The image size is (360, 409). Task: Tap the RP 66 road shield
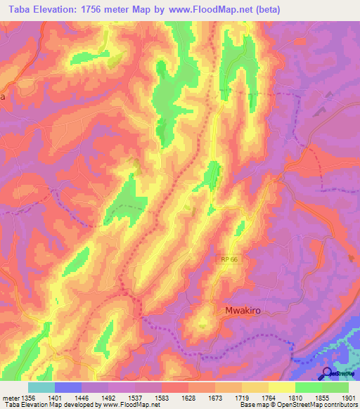[224, 260]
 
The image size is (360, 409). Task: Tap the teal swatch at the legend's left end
[41, 387]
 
